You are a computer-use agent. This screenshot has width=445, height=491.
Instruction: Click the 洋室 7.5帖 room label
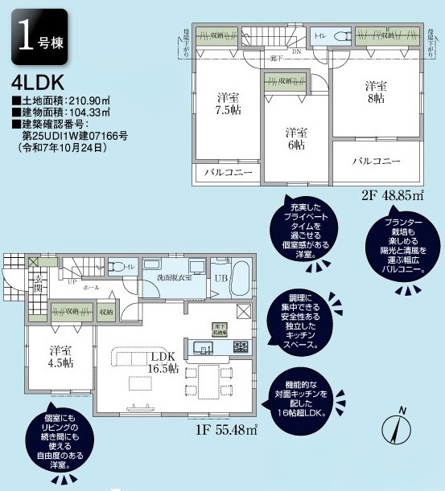[x=229, y=104]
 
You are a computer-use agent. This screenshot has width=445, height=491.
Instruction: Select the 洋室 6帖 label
[x=296, y=138]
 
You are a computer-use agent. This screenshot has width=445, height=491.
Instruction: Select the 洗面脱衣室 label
[x=175, y=280]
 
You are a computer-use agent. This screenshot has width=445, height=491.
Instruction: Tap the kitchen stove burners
[x=240, y=347]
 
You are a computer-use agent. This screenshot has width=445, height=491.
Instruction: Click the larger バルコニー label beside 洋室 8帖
[x=376, y=162]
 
